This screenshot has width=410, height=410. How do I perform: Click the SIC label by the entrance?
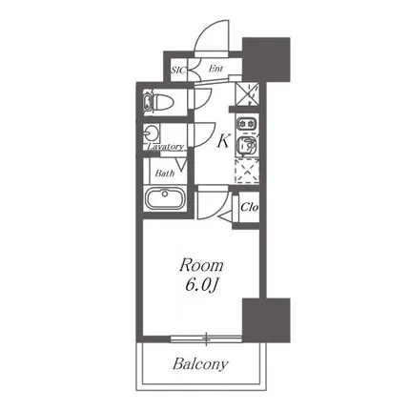click(x=178, y=70)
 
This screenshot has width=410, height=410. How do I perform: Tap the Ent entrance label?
click(x=215, y=69)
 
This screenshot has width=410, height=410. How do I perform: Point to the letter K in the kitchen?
click(x=223, y=141)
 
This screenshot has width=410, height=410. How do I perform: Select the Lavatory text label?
click(x=166, y=147)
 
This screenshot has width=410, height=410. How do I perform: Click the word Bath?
click(x=165, y=174)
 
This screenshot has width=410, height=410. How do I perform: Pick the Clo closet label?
click(x=249, y=207)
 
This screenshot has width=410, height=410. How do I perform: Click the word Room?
click(x=201, y=265)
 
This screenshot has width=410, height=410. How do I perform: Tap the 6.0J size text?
click(x=201, y=285)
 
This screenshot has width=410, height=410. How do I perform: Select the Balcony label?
click(x=200, y=364)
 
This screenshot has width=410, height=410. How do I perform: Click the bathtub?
click(x=165, y=197)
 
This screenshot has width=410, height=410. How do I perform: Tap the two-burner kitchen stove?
click(x=247, y=123)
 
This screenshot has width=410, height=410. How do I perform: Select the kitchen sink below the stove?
click(x=247, y=145)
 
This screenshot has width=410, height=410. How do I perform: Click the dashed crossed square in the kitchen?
click(x=247, y=172)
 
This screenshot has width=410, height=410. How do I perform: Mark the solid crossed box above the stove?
click(x=247, y=93)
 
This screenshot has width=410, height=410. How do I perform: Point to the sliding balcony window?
click(x=206, y=338)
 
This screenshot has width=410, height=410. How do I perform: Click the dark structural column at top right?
click(x=266, y=59)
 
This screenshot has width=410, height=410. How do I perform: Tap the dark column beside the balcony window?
click(x=266, y=320)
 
